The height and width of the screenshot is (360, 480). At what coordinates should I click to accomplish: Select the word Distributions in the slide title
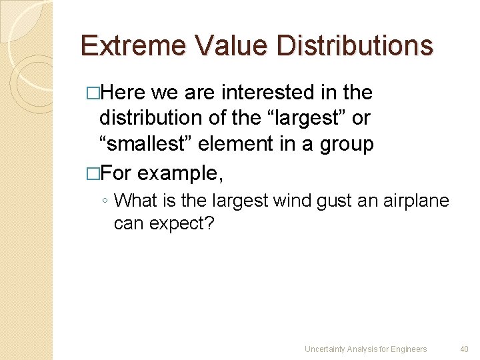click(354, 46)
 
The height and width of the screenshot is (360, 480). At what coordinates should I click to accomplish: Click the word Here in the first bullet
click(125, 93)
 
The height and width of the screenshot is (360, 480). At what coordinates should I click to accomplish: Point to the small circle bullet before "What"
click(106, 201)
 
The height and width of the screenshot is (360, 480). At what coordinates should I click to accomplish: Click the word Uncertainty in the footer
click(325, 349)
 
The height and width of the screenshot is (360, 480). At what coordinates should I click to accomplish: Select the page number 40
click(464, 349)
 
